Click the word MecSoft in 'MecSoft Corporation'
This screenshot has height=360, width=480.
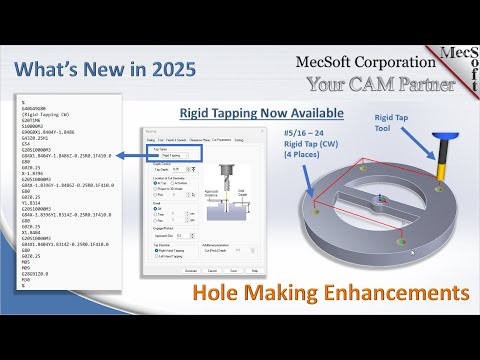click(x=322, y=62)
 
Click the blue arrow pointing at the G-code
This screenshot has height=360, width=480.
click(x=124, y=156)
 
